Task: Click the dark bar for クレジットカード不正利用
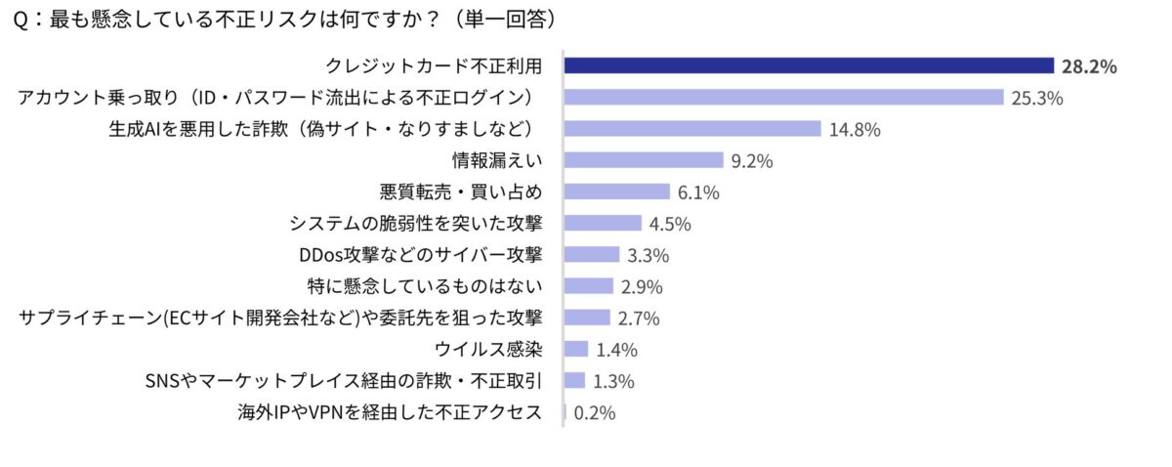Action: coord(809,65)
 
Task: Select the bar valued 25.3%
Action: coord(784,98)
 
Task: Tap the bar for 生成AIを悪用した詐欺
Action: coord(692,129)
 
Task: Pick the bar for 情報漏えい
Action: coord(645,160)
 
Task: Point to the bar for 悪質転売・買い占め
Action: coord(617,191)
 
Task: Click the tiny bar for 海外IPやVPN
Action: coord(565,412)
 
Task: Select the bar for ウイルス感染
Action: coord(577,349)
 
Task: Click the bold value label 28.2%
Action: coord(1088,66)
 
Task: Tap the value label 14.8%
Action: coord(855,130)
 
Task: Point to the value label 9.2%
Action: coord(753,161)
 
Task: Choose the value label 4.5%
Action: coord(670,224)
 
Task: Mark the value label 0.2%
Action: coord(594,413)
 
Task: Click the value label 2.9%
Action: coord(642,287)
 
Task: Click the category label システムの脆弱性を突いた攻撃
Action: coord(416,224)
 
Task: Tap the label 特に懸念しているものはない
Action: coord(425,286)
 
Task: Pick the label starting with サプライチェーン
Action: coord(281,318)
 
